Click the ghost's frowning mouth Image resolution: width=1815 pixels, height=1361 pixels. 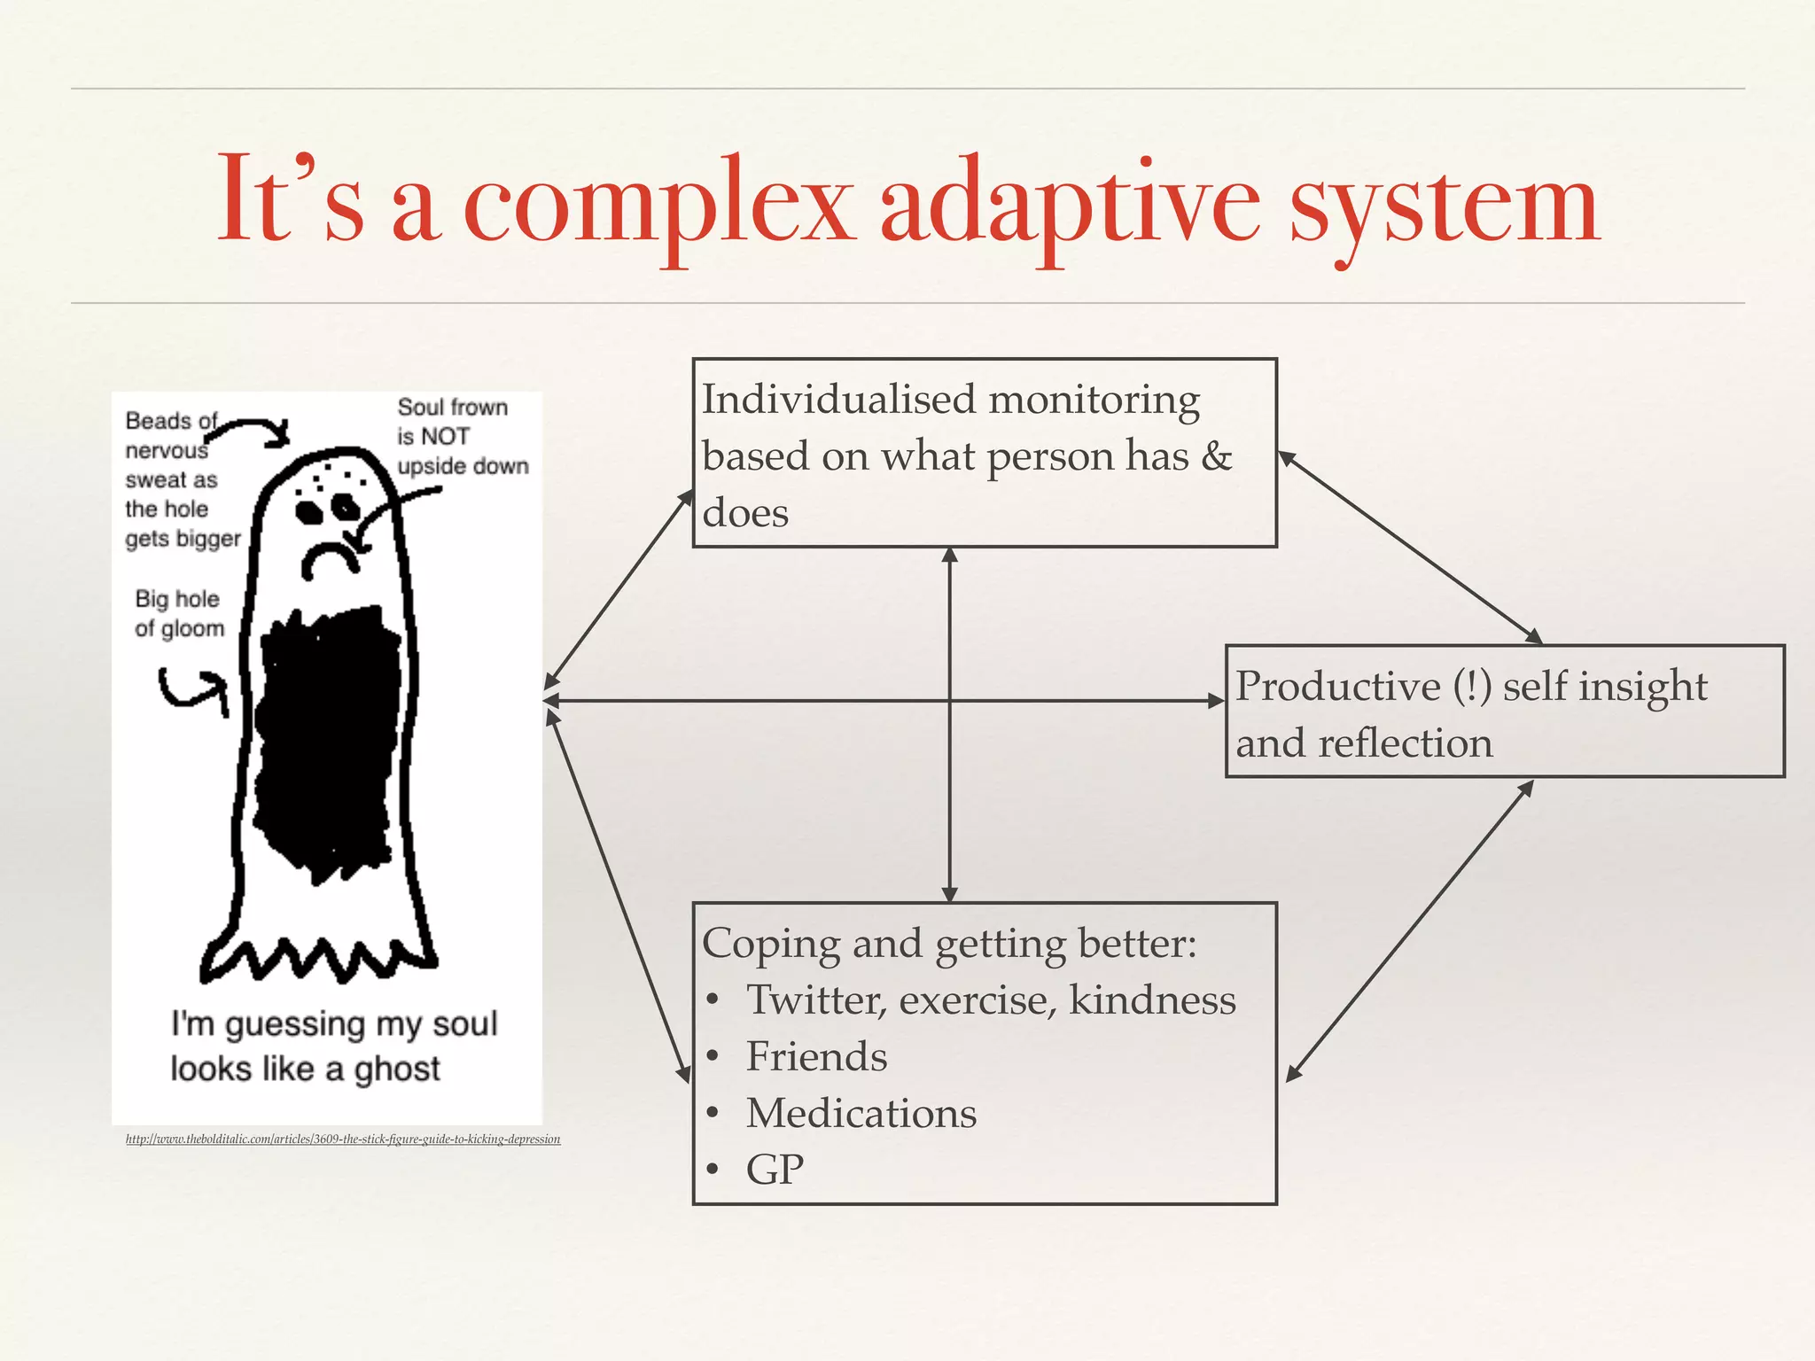(331, 558)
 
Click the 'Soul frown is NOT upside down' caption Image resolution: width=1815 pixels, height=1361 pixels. (461, 437)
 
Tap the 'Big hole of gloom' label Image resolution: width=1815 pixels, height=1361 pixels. (179, 613)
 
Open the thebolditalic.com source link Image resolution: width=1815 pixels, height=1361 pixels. (343, 1139)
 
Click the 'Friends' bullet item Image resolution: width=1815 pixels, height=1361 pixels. (815, 1056)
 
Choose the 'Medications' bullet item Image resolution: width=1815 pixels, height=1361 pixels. (861, 1113)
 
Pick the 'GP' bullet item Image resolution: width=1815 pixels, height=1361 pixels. (775, 1170)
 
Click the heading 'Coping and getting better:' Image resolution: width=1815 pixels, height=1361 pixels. (948, 944)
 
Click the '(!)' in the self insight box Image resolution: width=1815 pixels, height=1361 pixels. (1472, 686)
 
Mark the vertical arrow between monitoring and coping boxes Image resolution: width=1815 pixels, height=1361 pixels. (949, 797)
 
